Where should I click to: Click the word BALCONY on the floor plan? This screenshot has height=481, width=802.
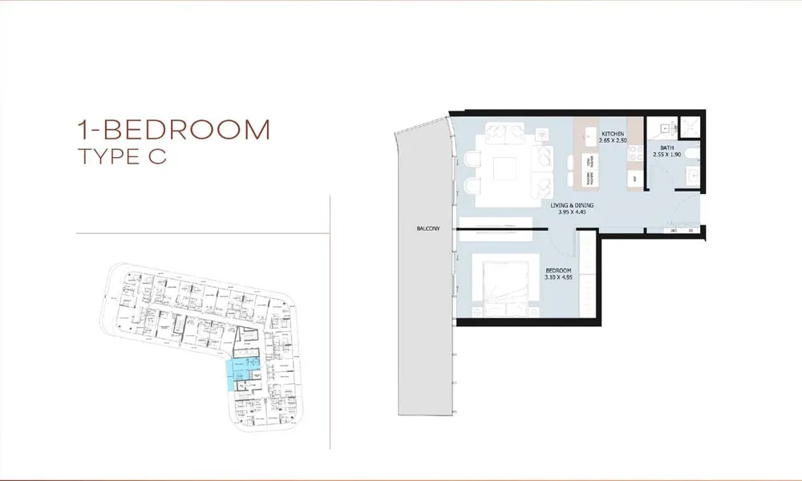428,229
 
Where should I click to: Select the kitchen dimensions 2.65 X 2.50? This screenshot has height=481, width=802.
614,140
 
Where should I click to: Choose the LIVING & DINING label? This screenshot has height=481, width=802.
573,205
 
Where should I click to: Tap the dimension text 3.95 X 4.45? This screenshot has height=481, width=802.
573,212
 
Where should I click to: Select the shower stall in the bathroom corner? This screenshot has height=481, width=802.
688,126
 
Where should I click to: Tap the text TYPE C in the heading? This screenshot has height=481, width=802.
122,156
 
